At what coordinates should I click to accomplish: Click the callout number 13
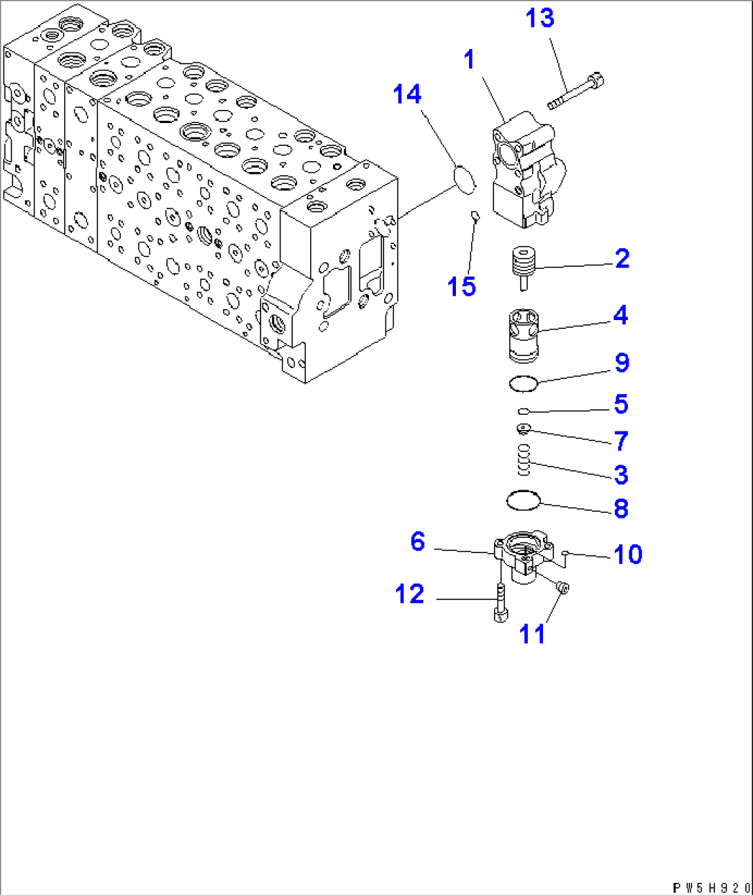tap(540, 18)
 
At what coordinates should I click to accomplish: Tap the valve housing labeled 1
tap(526, 174)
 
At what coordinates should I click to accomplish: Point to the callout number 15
tap(461, 286)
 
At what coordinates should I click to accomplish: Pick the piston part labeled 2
tap(523, 267)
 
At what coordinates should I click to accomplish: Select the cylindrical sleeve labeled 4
tap(523, 335)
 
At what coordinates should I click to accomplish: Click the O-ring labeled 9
tap(523, 382)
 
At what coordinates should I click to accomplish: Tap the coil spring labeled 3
tap(524, 460)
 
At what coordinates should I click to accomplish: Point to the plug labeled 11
tap(562, 588)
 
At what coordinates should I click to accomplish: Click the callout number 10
tap(627, 554)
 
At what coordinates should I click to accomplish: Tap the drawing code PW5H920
tap(712, 888)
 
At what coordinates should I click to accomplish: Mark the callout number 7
tap(621, 440)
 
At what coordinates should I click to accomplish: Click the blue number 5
tap(621, 404)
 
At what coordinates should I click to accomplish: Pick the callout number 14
tap(407, 94)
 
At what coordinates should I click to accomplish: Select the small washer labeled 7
tap(524, 429)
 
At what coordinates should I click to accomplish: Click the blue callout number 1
tap(470, 59)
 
